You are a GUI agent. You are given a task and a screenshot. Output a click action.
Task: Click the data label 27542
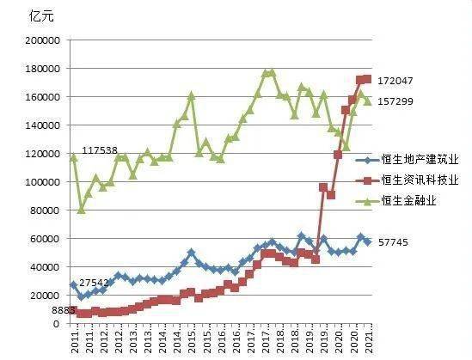pos(95,283)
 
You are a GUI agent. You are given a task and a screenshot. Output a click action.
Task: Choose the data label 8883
pos(64,309)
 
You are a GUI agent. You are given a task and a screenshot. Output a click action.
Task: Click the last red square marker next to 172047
pos(369,79)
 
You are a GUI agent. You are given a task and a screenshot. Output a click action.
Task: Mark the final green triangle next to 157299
pos(369,101)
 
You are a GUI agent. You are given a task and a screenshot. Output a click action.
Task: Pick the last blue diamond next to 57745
pos(369,242)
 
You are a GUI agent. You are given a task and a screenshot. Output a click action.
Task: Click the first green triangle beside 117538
pos(73,156)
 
